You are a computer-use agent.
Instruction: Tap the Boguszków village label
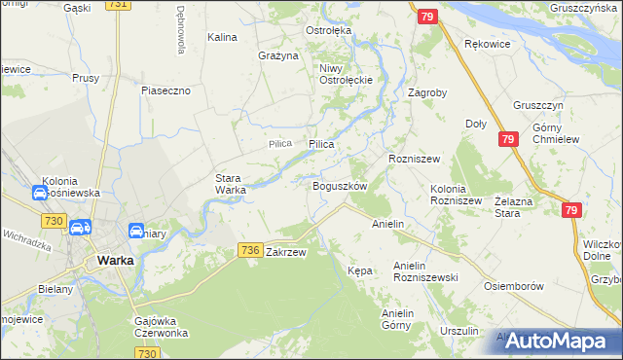point(339,186)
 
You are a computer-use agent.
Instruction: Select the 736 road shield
point(249,251)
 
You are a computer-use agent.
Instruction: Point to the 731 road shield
point(118,5)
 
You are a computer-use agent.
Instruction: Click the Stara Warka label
point(231,184)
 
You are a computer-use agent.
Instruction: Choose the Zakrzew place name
point(286,252)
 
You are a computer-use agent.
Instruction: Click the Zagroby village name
point(427,94)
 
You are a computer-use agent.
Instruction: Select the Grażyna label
point(278,55)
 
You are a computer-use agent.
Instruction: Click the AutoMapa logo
point(558,341)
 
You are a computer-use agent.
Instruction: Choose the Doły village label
point(476,124)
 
